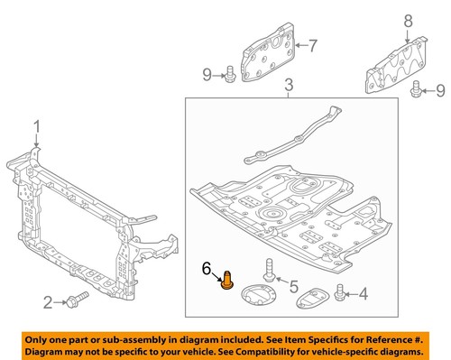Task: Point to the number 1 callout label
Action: pos(37,125)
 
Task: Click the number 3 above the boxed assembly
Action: pos(288,87)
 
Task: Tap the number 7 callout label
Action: pos(313,44)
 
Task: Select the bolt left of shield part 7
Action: pos(231,73)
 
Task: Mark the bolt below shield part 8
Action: pos(416,88)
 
